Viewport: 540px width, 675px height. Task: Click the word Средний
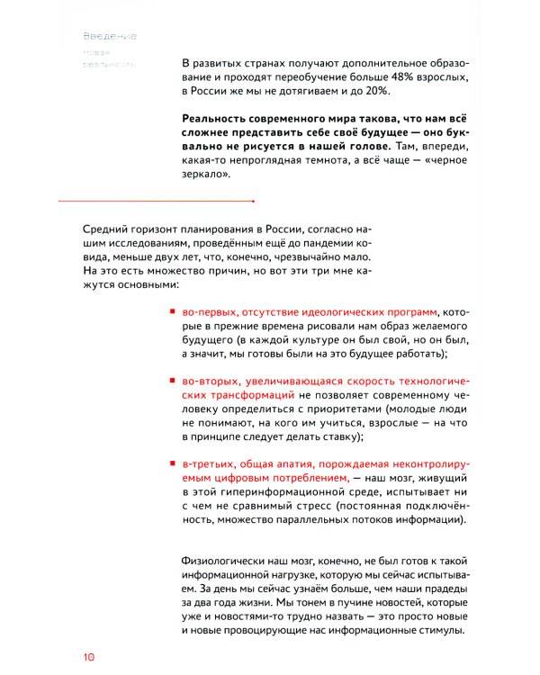point(106,229)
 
